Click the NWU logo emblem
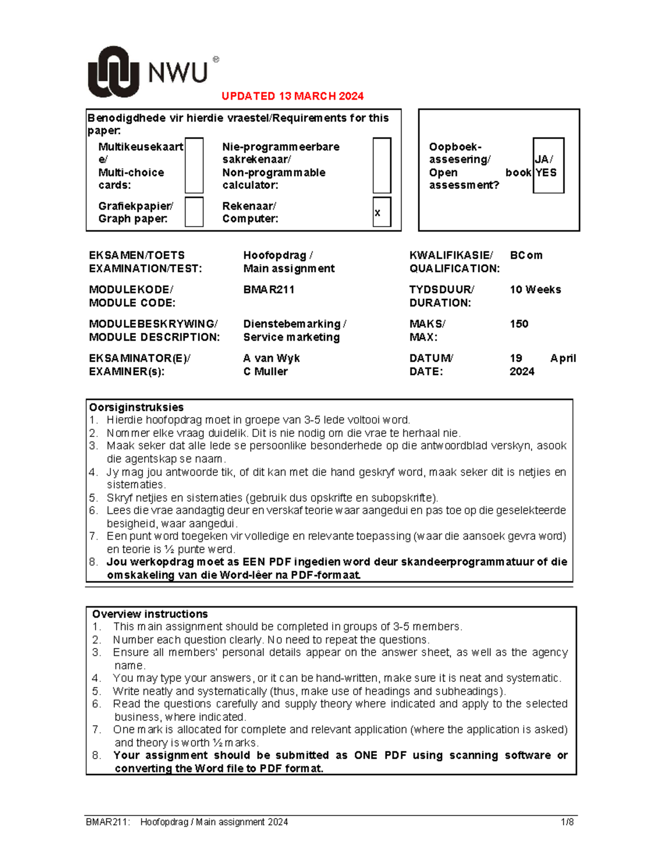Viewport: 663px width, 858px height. [x=113, y=72]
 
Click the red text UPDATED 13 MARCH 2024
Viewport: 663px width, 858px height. [x=292, y=96]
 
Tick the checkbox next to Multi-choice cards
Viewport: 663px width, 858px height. [x=194, y=165]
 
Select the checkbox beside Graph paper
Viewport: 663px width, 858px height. [x=194, y=212]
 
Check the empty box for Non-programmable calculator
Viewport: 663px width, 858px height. [x=382, y=165]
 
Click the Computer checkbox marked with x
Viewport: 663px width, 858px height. [x=382, y=212]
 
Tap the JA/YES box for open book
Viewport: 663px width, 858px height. [x=548, y=166]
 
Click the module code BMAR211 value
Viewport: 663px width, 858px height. [x=269, y=289]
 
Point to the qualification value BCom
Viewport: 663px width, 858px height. [x=526, y=255]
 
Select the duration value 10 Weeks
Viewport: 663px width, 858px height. [x=535, y=289]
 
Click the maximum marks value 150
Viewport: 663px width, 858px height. [x=519, y=324]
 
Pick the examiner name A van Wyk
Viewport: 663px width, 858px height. [x=271, y=358]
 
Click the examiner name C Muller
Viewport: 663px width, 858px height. [x=265, y=371]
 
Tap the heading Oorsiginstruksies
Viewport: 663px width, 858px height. [x=136, y=407]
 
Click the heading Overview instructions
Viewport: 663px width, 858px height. [x=150, y=614]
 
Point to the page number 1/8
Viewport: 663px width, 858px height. [x=567, y=822]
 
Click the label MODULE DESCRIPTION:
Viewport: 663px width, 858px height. [x=154, y=337]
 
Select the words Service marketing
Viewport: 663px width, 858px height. [x=291, y=337]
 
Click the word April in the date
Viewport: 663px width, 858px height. [x=562, y=358]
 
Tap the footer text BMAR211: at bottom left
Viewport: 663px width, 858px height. [x=108, y=822]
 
